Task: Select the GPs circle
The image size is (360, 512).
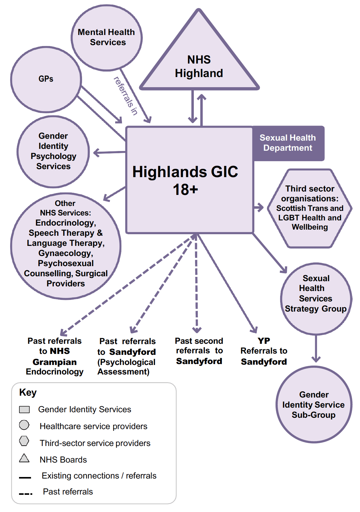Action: coord(46,79)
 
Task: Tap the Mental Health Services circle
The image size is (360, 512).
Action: coord(106,37)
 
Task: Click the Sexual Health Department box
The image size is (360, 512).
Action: coord(288,143)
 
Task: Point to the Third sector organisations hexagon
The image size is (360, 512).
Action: coord(310,208)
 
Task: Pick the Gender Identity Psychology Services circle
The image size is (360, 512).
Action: coord(53,151)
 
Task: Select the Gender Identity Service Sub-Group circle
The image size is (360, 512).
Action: coord(314,404)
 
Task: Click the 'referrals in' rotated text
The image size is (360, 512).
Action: coord(126,96)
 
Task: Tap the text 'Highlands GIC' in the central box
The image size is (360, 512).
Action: coord(185,172)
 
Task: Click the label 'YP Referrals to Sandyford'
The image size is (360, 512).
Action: coord(264,351)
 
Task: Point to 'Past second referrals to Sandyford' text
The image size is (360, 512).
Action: coord(199,351)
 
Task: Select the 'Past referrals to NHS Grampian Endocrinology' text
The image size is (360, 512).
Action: coord(55,356)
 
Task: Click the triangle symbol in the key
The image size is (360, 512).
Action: coord(24,458)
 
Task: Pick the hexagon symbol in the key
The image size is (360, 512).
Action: coord(24,441)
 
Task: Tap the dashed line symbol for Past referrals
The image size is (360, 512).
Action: coord(25,494)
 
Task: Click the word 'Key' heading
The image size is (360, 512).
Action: coord(28,393)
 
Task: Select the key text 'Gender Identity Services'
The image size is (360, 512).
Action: coord(84,409)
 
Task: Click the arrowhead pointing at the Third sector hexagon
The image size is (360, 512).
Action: coord(260,208)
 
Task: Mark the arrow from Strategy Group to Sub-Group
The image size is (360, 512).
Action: coord(316,348)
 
